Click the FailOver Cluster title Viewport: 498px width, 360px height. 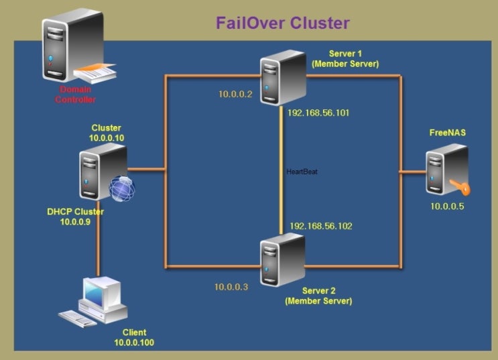[x=282, y=23]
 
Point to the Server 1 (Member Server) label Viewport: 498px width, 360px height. [x=345, y=58]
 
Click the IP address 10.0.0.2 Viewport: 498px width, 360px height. [x=235, y=95]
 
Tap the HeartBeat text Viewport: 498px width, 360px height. [x=302, y=172]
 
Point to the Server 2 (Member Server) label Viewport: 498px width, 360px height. [x=318, y=296]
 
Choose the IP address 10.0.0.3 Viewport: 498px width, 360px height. [x=231, y=287]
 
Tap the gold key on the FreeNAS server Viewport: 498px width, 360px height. [x=458, y=186]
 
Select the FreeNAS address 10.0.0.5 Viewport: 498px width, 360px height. [x=447, y=206]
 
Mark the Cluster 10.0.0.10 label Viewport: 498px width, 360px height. [x=107, y=132]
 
